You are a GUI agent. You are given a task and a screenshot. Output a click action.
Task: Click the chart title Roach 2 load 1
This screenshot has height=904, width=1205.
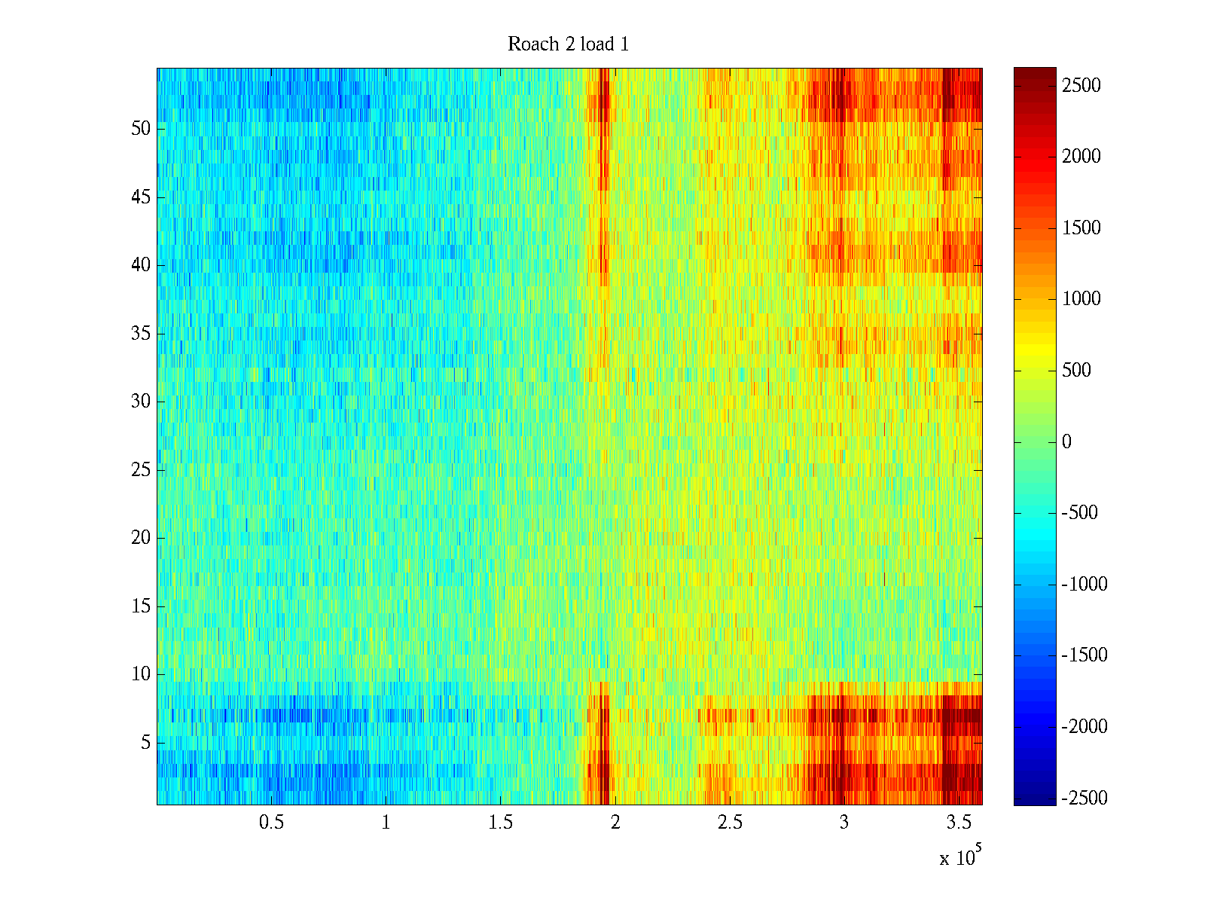[568, 44]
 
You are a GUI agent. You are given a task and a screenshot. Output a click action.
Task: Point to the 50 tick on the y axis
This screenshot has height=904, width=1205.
[141, 129]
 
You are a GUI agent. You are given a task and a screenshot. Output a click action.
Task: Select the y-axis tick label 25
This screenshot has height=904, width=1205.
[141, 470]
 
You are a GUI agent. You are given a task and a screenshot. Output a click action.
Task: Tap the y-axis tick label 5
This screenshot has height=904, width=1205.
[145, 743]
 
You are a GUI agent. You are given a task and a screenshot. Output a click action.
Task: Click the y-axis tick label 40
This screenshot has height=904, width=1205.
[141, 265]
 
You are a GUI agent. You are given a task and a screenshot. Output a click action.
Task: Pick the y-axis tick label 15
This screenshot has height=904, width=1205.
[141, 606]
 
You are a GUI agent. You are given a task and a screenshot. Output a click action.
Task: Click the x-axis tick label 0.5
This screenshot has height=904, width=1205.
[271, 823]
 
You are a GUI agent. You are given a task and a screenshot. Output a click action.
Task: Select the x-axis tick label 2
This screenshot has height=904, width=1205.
[615, 823]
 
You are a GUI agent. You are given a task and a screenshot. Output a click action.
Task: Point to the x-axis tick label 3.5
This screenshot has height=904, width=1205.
[959, 823]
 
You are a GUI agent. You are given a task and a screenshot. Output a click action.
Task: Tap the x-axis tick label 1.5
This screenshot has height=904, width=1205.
[500, 823]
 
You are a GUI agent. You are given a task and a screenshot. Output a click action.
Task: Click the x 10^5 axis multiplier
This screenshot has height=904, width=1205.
[960, 857]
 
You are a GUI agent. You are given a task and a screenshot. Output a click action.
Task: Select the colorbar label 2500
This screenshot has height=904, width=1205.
[1081, 86]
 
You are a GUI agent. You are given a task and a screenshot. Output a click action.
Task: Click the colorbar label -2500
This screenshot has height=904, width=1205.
[1084, 799]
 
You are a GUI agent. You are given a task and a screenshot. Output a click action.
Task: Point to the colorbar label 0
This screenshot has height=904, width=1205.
[1066, 442]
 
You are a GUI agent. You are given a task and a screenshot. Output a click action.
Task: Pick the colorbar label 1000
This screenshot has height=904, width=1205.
[1081, 299]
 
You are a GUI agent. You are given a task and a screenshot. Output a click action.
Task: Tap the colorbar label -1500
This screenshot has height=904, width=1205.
[1084, 655]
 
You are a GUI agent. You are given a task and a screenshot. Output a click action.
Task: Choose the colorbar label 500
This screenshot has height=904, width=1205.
[1076, 371]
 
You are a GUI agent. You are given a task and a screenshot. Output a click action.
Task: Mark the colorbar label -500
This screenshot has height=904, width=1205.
[1079, 513]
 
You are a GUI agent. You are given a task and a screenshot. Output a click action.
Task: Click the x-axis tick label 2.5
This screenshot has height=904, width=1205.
[730, 823]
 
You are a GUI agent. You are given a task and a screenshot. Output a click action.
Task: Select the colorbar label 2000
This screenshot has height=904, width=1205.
[1081, 157]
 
